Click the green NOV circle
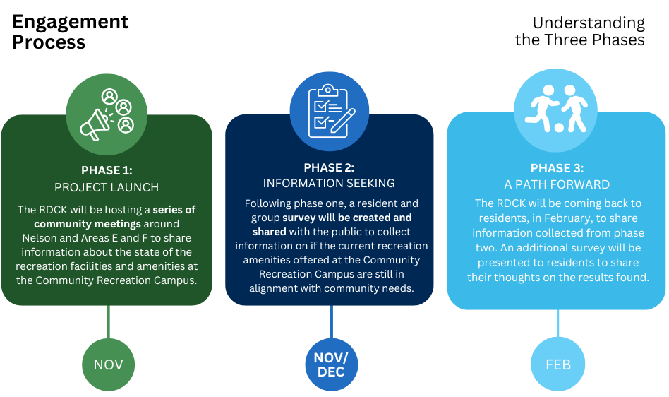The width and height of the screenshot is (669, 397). pyautogui.click(x=108, y=365)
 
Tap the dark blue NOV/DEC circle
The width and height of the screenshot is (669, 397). pyautogui.click(x=332, y=365)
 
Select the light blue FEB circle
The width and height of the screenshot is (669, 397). pyautogui.click(x=557, y=365)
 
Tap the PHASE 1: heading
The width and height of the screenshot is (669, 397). pyautogui.click(x=107, y=170)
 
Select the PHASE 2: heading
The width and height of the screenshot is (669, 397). pyautogui.click(x=329, y=167)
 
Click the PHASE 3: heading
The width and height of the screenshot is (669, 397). pyautogui.click(x=557, y=168)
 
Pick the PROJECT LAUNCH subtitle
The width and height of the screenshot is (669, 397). pyautogui.click(x=107, y=187)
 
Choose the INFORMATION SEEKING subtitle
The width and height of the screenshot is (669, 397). pyautogui.click(x=329, y=184)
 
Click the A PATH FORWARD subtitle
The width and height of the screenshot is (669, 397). pyautogui.click(x=557, y=184)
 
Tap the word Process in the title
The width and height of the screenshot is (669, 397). pyautogui.click(x=49, y=42)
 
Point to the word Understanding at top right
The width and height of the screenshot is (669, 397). pyautogui.click(x=589, y=23)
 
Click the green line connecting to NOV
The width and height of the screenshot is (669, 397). pyautogui.click(x=108, y=322)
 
